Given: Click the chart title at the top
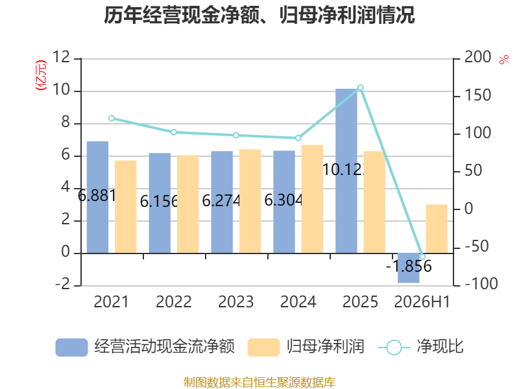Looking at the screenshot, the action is [259, 15].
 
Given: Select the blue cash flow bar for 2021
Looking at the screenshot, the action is [98, 198].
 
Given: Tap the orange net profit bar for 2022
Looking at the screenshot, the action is [188, 204].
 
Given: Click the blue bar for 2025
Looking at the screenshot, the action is [346, 171].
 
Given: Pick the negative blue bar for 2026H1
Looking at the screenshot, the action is [409, 268].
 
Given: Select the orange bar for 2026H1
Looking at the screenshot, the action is [437, 229].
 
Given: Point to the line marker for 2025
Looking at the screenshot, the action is [361, 88].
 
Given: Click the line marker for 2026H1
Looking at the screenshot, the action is [422, 257].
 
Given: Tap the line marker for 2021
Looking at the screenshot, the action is [112, 119].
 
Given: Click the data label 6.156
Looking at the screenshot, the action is [159, 202].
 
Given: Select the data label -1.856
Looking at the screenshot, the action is [409, 266].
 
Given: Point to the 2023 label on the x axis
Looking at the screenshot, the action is [235, 301].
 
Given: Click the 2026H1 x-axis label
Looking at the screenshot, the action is [422, 301].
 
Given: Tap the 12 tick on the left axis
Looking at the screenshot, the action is [61, 57].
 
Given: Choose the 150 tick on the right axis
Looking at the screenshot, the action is [477, 95].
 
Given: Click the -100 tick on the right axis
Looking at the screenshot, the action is [481, 284].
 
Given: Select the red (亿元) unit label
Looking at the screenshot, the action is [41, 75].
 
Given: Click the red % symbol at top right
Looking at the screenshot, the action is [504, 60].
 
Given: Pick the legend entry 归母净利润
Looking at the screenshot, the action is [306, 347].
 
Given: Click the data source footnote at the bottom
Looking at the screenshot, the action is [259, 383].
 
